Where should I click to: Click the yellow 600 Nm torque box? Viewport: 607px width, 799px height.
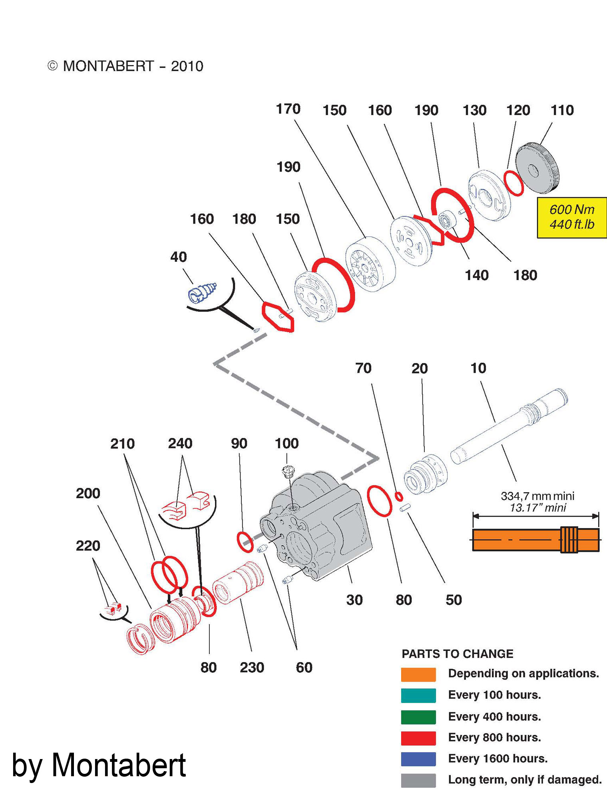click(x=572, y=217)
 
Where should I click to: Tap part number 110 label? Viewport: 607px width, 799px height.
click(x=562, y=110)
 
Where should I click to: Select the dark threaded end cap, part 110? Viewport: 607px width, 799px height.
click(x=537, y=168)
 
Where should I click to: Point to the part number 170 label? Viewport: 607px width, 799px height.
click(x=288, y=109)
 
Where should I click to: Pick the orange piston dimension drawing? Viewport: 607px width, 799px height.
click(x=535, y=540)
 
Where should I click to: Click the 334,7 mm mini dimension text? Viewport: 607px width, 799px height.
click(x=537, y=496)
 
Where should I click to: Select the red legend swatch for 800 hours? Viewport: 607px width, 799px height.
click(x=418, y=738)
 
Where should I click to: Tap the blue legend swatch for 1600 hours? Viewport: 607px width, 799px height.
click(x=418, y=759)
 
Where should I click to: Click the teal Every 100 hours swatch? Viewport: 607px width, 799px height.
click(x=418, y=696)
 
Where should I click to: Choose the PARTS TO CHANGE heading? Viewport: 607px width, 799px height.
click(x=457, y=654)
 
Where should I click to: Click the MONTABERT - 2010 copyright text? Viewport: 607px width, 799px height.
click(x=125, y=66)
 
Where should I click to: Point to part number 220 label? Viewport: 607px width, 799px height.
click(x=88, y=546)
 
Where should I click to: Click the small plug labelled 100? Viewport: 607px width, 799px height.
click(x=288, y=472)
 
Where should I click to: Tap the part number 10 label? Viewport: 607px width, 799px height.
click(x=478, y=368)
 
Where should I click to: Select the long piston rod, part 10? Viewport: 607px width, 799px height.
click(x=507, y=427)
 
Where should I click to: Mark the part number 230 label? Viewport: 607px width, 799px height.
click(x=252, y=668)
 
